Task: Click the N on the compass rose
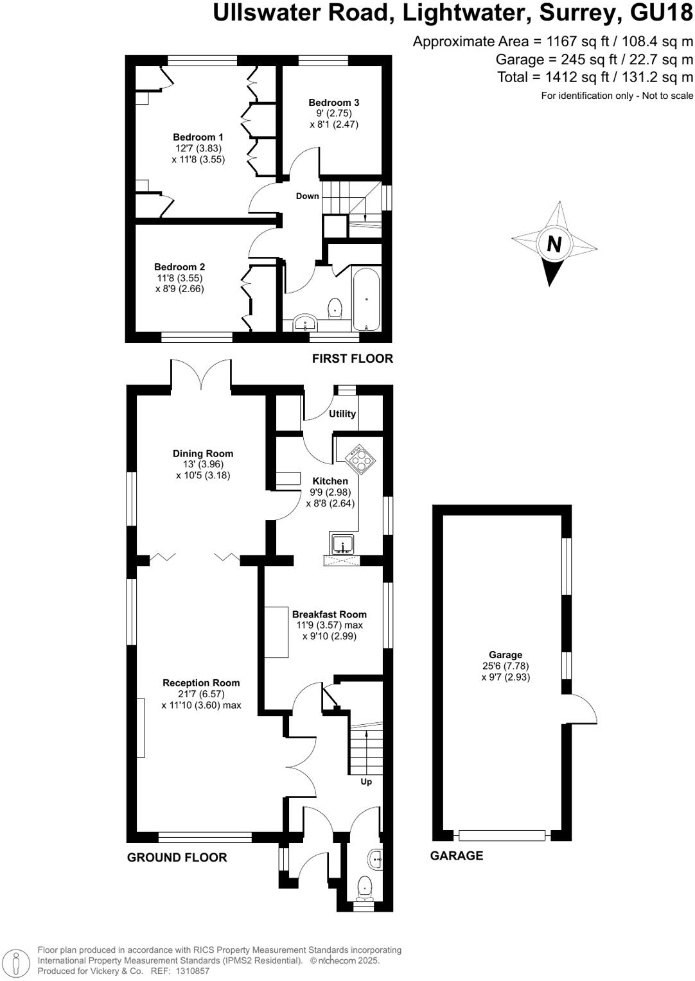(x=554, y=245)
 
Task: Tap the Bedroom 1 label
(x=198, y=137)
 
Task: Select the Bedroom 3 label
(x=333, y=103)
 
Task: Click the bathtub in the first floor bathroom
(x=366, y=299)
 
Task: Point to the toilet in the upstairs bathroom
(x=335, y=309)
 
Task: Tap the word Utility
(x=342, y=414)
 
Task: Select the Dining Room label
(x=202, y=454)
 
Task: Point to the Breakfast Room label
(x=329, y=614)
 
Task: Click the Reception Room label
(x=201, y=683)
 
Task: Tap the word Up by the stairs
(x=366, y=782)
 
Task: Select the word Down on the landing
(x=307, y=196)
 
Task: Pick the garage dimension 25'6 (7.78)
(x=506, y=666)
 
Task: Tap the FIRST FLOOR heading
(x=352, y=359)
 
